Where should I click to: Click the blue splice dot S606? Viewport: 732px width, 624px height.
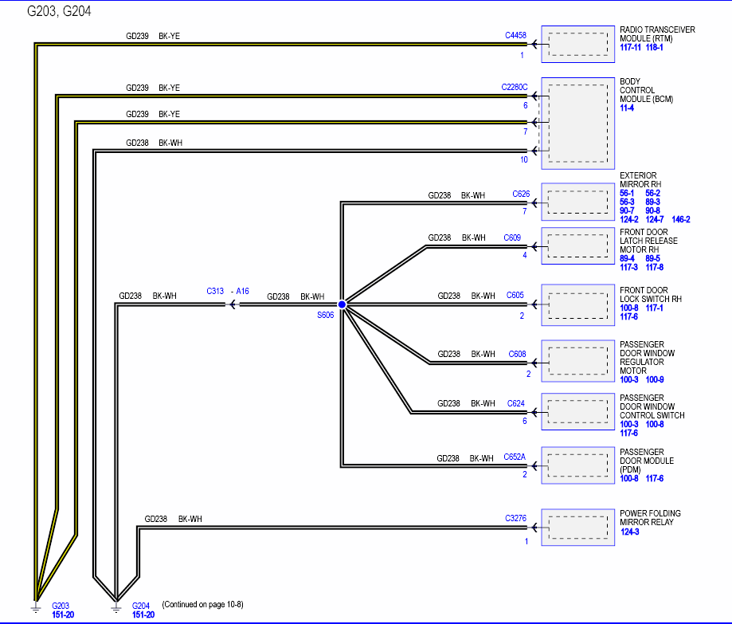tap(343, 304)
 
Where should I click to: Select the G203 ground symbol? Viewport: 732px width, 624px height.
tap(36, 607)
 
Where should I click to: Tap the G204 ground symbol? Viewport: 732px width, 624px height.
tap(116, 607)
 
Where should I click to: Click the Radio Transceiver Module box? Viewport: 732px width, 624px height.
tap(578, 45)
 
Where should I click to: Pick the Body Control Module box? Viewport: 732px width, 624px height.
tap(578, 124)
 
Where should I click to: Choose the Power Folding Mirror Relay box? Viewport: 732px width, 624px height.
tap(578, 528)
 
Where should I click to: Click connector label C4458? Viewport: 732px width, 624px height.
tap(515, 35)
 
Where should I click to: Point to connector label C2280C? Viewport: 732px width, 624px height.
tap(515, 88)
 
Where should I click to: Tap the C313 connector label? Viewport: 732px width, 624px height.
tap(215, 291)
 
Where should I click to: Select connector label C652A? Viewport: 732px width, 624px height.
tap(515, 457)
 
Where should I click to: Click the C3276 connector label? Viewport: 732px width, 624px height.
tap(515, 518)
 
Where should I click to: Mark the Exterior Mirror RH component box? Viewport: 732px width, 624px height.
tap(578, 202)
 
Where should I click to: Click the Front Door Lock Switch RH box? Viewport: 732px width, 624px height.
tap(578, 305)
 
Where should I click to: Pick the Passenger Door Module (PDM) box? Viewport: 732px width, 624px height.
tap(578, 465)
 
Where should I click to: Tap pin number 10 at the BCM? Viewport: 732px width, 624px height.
tap(524, 159)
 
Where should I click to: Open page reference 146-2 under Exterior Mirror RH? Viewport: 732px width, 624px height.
tap(681, 219)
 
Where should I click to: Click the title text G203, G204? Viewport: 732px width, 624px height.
tap(59, 11)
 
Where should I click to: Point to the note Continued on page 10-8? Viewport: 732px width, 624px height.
tap(202, 604)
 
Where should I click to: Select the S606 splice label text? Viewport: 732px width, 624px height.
tap(326, 315)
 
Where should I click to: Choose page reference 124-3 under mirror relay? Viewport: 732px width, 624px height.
tap(630, 532)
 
